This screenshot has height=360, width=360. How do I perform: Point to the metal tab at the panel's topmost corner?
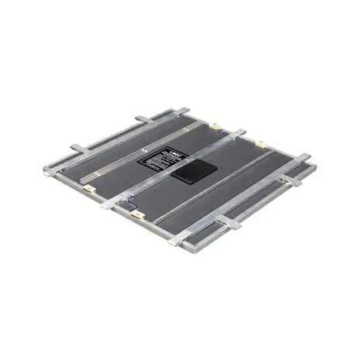click(183, 111)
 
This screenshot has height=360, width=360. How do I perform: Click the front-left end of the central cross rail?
click(108, 203)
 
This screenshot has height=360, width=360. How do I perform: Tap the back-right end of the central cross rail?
click(242, 132)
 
